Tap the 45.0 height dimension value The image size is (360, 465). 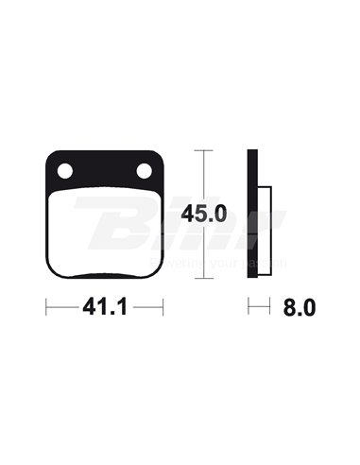(206, 214)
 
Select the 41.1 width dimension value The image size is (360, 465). (106, 307)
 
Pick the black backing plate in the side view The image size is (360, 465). (253, 214)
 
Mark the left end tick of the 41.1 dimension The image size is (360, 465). (46, 307)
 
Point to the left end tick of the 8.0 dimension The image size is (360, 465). (249, 307)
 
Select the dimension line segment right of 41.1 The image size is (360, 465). (147, 307)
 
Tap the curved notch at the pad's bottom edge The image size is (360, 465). (106, 277)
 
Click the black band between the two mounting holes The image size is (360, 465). (106, 169)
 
